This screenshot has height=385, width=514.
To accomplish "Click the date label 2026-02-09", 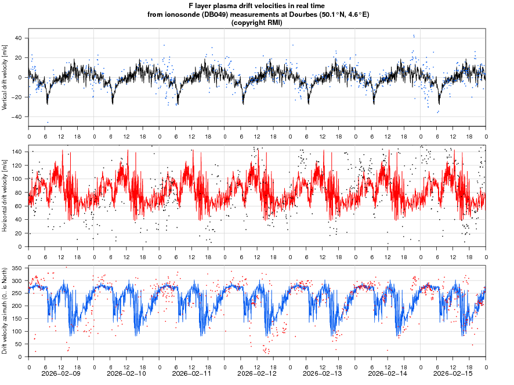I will [x=61, y=374].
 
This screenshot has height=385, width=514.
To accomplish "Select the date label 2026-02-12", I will [x=257, y=374].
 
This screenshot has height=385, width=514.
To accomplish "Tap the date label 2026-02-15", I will [x=453, y=374].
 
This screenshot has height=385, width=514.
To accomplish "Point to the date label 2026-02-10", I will [x=126, y=374].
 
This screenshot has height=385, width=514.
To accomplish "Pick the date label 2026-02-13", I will [x=323, y=374].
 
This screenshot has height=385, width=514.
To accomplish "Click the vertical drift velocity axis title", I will [x=5, y=77].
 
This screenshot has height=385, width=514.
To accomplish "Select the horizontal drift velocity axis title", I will [x=5, y=195].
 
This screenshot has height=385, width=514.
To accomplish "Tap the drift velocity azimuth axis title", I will [x=5, y=311].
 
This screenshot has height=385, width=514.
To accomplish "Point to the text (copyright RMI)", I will [x=256, y=23].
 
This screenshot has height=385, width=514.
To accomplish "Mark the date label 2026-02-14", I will [x=388, y=374].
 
